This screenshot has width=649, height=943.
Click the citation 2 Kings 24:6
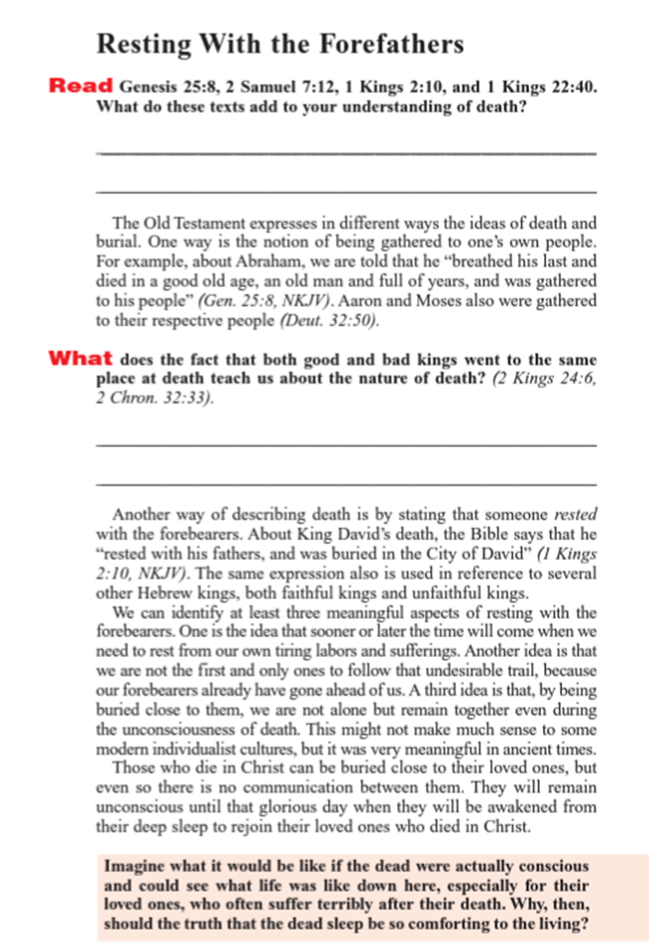(x=545, y=376)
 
